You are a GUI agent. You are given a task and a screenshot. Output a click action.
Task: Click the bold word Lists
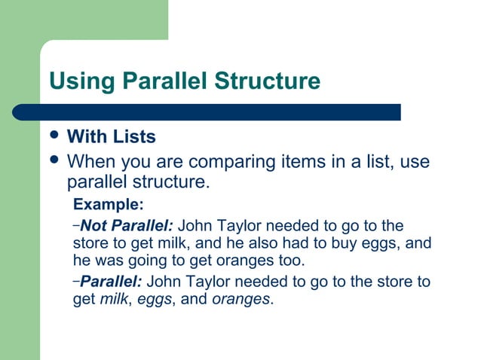pyautogui.click(x=135, y=137)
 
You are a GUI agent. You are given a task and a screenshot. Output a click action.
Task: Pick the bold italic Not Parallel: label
pyautogui.click(x=127, y=225)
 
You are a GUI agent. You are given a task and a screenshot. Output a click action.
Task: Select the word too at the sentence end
pyautogui.click(x=293, y=261)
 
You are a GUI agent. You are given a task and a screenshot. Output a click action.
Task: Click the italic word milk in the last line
pyautogui.click(x=115, y=299)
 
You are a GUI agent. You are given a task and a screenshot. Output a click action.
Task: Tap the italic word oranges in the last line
pyautogui.click(x=240, y=299)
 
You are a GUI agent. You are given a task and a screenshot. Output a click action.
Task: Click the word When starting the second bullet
pyautogui.click(x=90, y=162)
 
